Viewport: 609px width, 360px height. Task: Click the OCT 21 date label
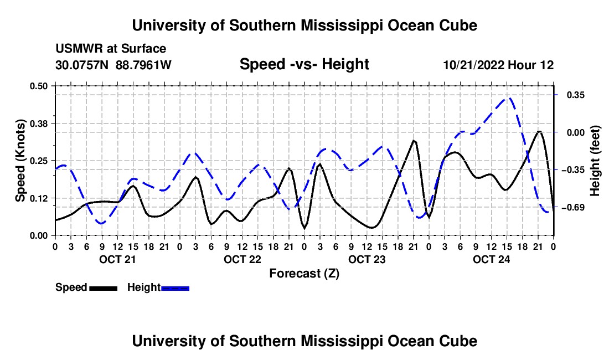[x=117, y=259]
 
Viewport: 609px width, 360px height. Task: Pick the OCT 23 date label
[x=367, y=259]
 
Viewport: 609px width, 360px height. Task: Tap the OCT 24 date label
[x=491, y=259]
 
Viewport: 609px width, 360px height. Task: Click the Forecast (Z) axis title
[x=304, y=274]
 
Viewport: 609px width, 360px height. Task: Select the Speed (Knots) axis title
[x=20, y=161]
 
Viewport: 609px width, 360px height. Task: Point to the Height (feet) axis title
[x=595, y=161]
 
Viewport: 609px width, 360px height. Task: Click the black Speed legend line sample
[x=104, y=289]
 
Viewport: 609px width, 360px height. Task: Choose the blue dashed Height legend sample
[x=175, y=289]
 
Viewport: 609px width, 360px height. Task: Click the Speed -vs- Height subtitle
[x=304, y=64]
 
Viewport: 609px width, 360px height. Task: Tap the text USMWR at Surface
[x=111, y=49]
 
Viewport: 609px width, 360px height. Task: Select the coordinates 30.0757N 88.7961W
[x=113, y=65]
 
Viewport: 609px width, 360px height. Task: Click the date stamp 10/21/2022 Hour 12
[x=498, y=65]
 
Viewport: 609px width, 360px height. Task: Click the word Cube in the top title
[x=458, y=25]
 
